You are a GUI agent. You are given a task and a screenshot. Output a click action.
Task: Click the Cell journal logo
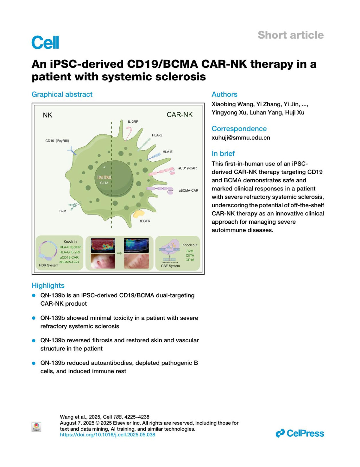click(x=45, y=43)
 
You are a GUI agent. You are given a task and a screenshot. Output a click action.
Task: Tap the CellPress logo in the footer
click(x=300, y=433)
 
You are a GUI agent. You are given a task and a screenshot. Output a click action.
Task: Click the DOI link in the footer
click(x=107, y=435)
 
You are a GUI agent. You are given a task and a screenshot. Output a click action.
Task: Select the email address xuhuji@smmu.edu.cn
click(x=241, y=138)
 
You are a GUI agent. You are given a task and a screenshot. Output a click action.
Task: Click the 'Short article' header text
click(x=290, y=35)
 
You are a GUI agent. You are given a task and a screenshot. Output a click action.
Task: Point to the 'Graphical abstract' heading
click(x=62, y=94)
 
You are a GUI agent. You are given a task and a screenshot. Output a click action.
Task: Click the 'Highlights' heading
click(x=48, y=286)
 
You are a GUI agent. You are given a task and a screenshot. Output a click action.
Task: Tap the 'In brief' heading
click(x=223, y=154)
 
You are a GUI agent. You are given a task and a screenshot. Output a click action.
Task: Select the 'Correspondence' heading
click(x=239, y=129)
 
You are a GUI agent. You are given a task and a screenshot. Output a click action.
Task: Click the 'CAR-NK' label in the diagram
click(x=180, y=115)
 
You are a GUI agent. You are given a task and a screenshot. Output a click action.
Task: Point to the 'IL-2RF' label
click(x=133, y=122)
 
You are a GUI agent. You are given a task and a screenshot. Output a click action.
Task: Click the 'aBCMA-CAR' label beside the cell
click(x=188, y=190)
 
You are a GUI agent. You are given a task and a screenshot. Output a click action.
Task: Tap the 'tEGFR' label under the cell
click(x=145, y=221)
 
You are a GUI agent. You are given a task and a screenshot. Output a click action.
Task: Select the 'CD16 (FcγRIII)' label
click(x=57, y=141)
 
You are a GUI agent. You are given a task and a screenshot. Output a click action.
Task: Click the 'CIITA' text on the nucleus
click(x=104, y=183)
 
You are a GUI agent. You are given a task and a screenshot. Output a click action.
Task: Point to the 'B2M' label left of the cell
click(x=63, y=211)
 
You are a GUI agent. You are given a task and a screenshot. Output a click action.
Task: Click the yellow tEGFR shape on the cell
click(x=139, y=214)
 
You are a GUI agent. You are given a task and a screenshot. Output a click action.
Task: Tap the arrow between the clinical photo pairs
click(x=119, y=253)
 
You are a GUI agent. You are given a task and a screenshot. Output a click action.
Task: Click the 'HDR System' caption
click(x=49, y=265)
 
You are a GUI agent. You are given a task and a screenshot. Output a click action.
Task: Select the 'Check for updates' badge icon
click(x=36, y=427)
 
